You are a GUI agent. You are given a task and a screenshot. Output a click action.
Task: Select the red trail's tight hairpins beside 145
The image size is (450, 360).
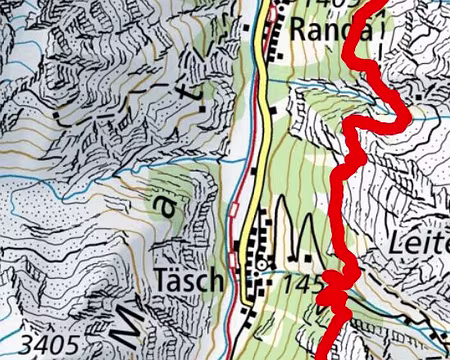335,292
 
